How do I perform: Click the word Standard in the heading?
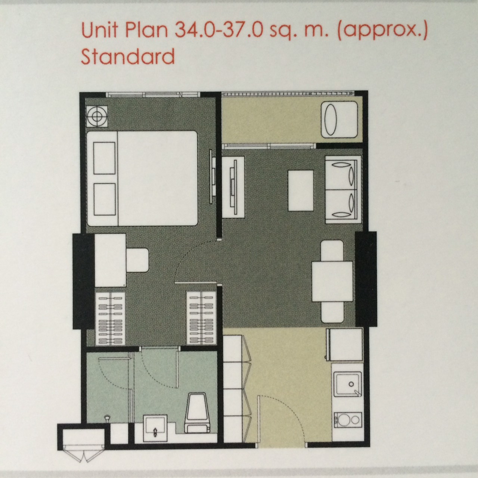coord(128,56)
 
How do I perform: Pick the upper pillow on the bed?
coord(104,158)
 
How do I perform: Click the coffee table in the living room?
coord(301,190)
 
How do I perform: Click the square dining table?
coord(332,282)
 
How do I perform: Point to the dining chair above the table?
coord(332,251)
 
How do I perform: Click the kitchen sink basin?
coord(347,384)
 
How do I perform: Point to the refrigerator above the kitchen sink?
coord(345,345)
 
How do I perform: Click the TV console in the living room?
coord(233,187)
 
